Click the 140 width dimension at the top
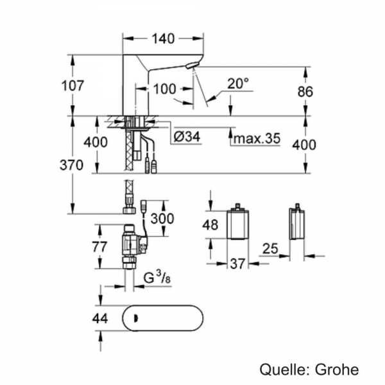click(x=163, y=38)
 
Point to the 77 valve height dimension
click(x=99, y=246)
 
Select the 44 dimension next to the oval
click(x=100, y=317)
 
